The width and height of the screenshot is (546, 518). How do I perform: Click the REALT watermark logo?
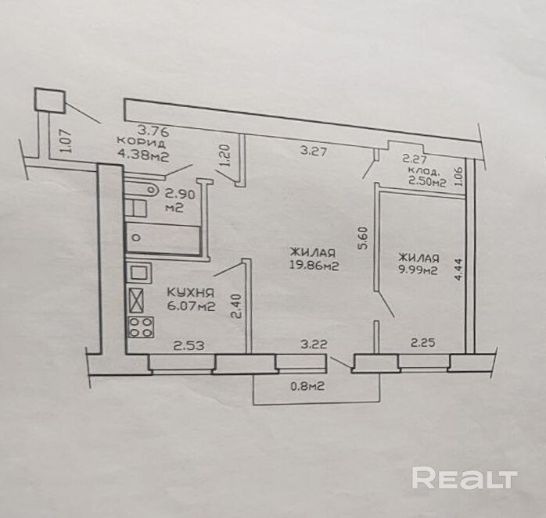pyautogui.click(x=465, y=477)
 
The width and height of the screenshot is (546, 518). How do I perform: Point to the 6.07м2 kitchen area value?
pyautogui.click(x=192, y=306)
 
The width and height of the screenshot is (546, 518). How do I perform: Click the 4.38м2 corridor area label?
pyautogui.click(x=142, y=155)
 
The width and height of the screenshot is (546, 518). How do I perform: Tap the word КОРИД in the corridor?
pyautogui.click(x=141, y=142)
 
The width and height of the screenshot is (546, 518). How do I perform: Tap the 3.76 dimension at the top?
pyautogui.click(x=153, y=130)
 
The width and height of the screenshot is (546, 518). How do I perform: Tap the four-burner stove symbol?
pyautogui.click(x=140, y=327)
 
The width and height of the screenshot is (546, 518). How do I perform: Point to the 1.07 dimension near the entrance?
pyautogui.click(x=65, y=140)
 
